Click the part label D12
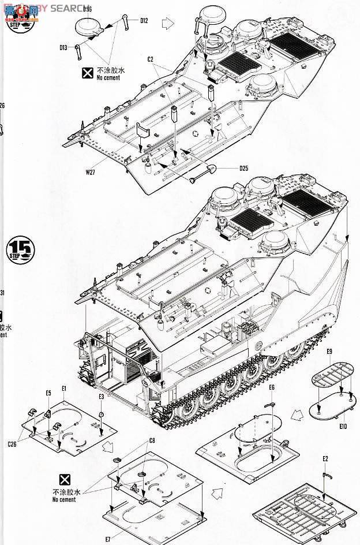coord(144,21)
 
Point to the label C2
coord(150,59)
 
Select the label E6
coord(272,387)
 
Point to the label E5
coord(49,394)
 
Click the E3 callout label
coord(101,397)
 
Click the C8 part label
coord(152,441)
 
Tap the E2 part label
coord(326,459)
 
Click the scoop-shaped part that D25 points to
coord(208,169)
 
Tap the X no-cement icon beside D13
coord(87,72)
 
